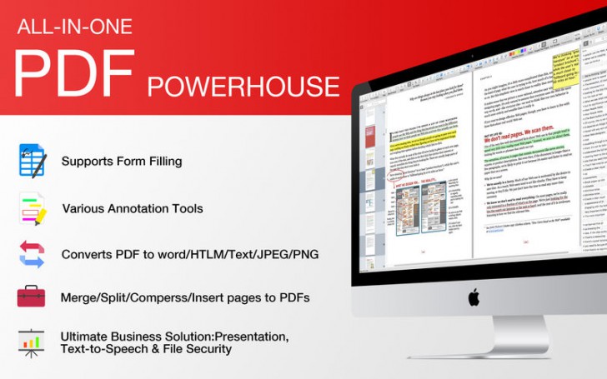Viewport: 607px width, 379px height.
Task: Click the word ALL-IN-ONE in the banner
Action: pyautogui.click(x=73, y=27)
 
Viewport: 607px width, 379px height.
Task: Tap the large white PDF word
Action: pyautogui.click(x=75, y=73)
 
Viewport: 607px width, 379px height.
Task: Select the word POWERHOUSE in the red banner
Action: pyautogui.click(x=243, y=86)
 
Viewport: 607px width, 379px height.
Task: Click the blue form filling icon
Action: pyautogui.click(x=32, y=160)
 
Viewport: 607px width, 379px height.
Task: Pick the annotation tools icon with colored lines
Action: pyautogui.click(x=32, y=207)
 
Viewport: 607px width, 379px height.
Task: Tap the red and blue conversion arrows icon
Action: pyautogui.click(x=32, y=253)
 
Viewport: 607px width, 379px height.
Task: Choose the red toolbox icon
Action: pyautogui.click(x=32, y=297)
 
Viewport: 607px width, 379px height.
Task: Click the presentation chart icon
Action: pyautogui.click(x=32, y=342)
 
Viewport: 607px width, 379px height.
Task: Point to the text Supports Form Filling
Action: pyautogui.click(x=121, y=161)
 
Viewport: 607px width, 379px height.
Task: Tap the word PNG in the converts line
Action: pyautogui.click(x=304, y=254)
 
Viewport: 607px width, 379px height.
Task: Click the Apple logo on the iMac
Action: pyautogui.click(x=473, y=297)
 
